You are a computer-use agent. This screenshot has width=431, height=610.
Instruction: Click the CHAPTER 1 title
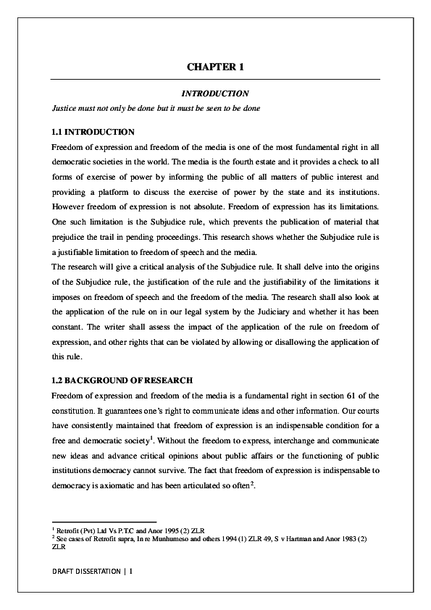pyautogui.click(x=215, y=67)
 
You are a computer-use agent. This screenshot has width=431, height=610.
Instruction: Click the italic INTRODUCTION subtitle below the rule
pyautogui.click(x=215, y=93)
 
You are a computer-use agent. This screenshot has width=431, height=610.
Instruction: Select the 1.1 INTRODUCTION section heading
pyautogui.click(x=93, y=132)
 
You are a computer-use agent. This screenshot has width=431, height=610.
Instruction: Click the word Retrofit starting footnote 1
pyautogui.click(x=70, y=530)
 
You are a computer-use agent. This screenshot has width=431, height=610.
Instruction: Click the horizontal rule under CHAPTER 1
pyautogui.click(x=215, y=79)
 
